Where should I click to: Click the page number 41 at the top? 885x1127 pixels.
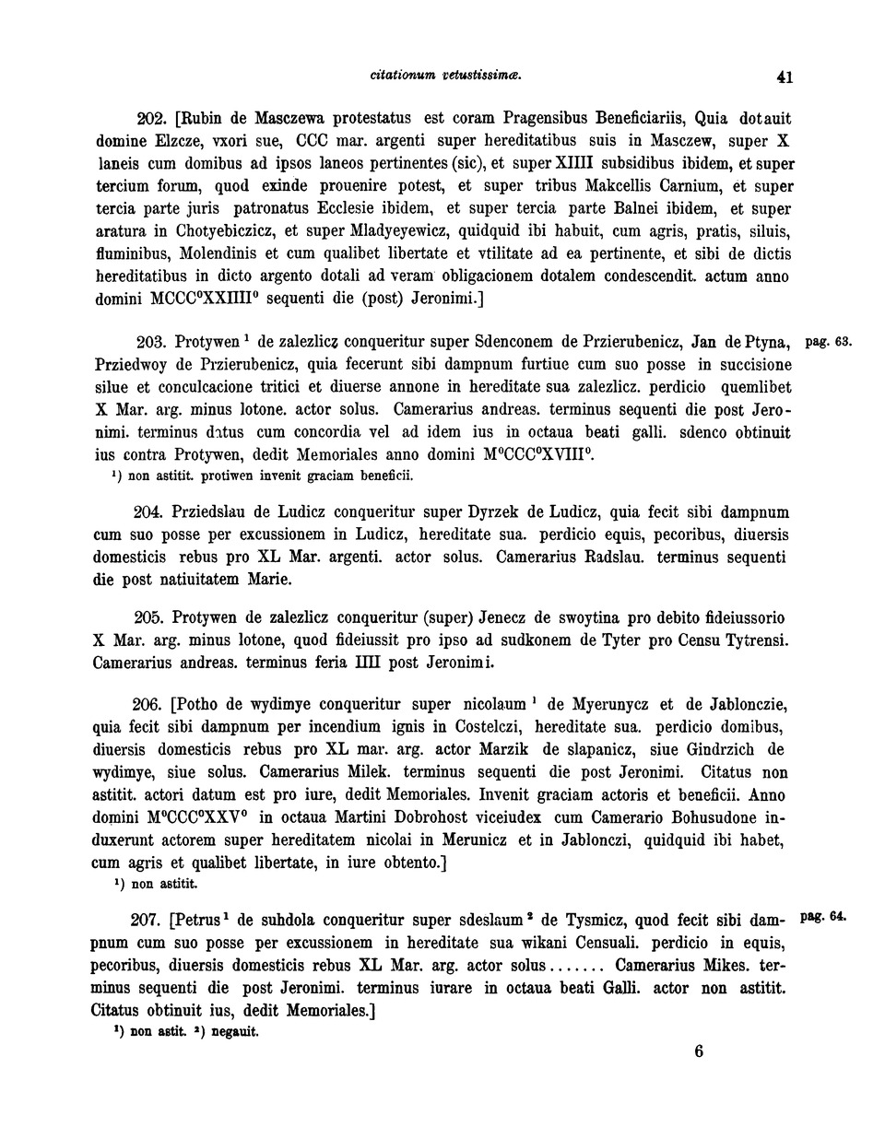pos(785,78)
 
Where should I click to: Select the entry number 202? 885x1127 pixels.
pos(149,119)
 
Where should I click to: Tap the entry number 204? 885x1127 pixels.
pos(149,512)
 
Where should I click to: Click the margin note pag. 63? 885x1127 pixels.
pos(828,343)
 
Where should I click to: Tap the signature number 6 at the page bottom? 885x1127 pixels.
pos(699,1051)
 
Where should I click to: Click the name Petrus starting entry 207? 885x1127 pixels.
pos(202,921)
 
